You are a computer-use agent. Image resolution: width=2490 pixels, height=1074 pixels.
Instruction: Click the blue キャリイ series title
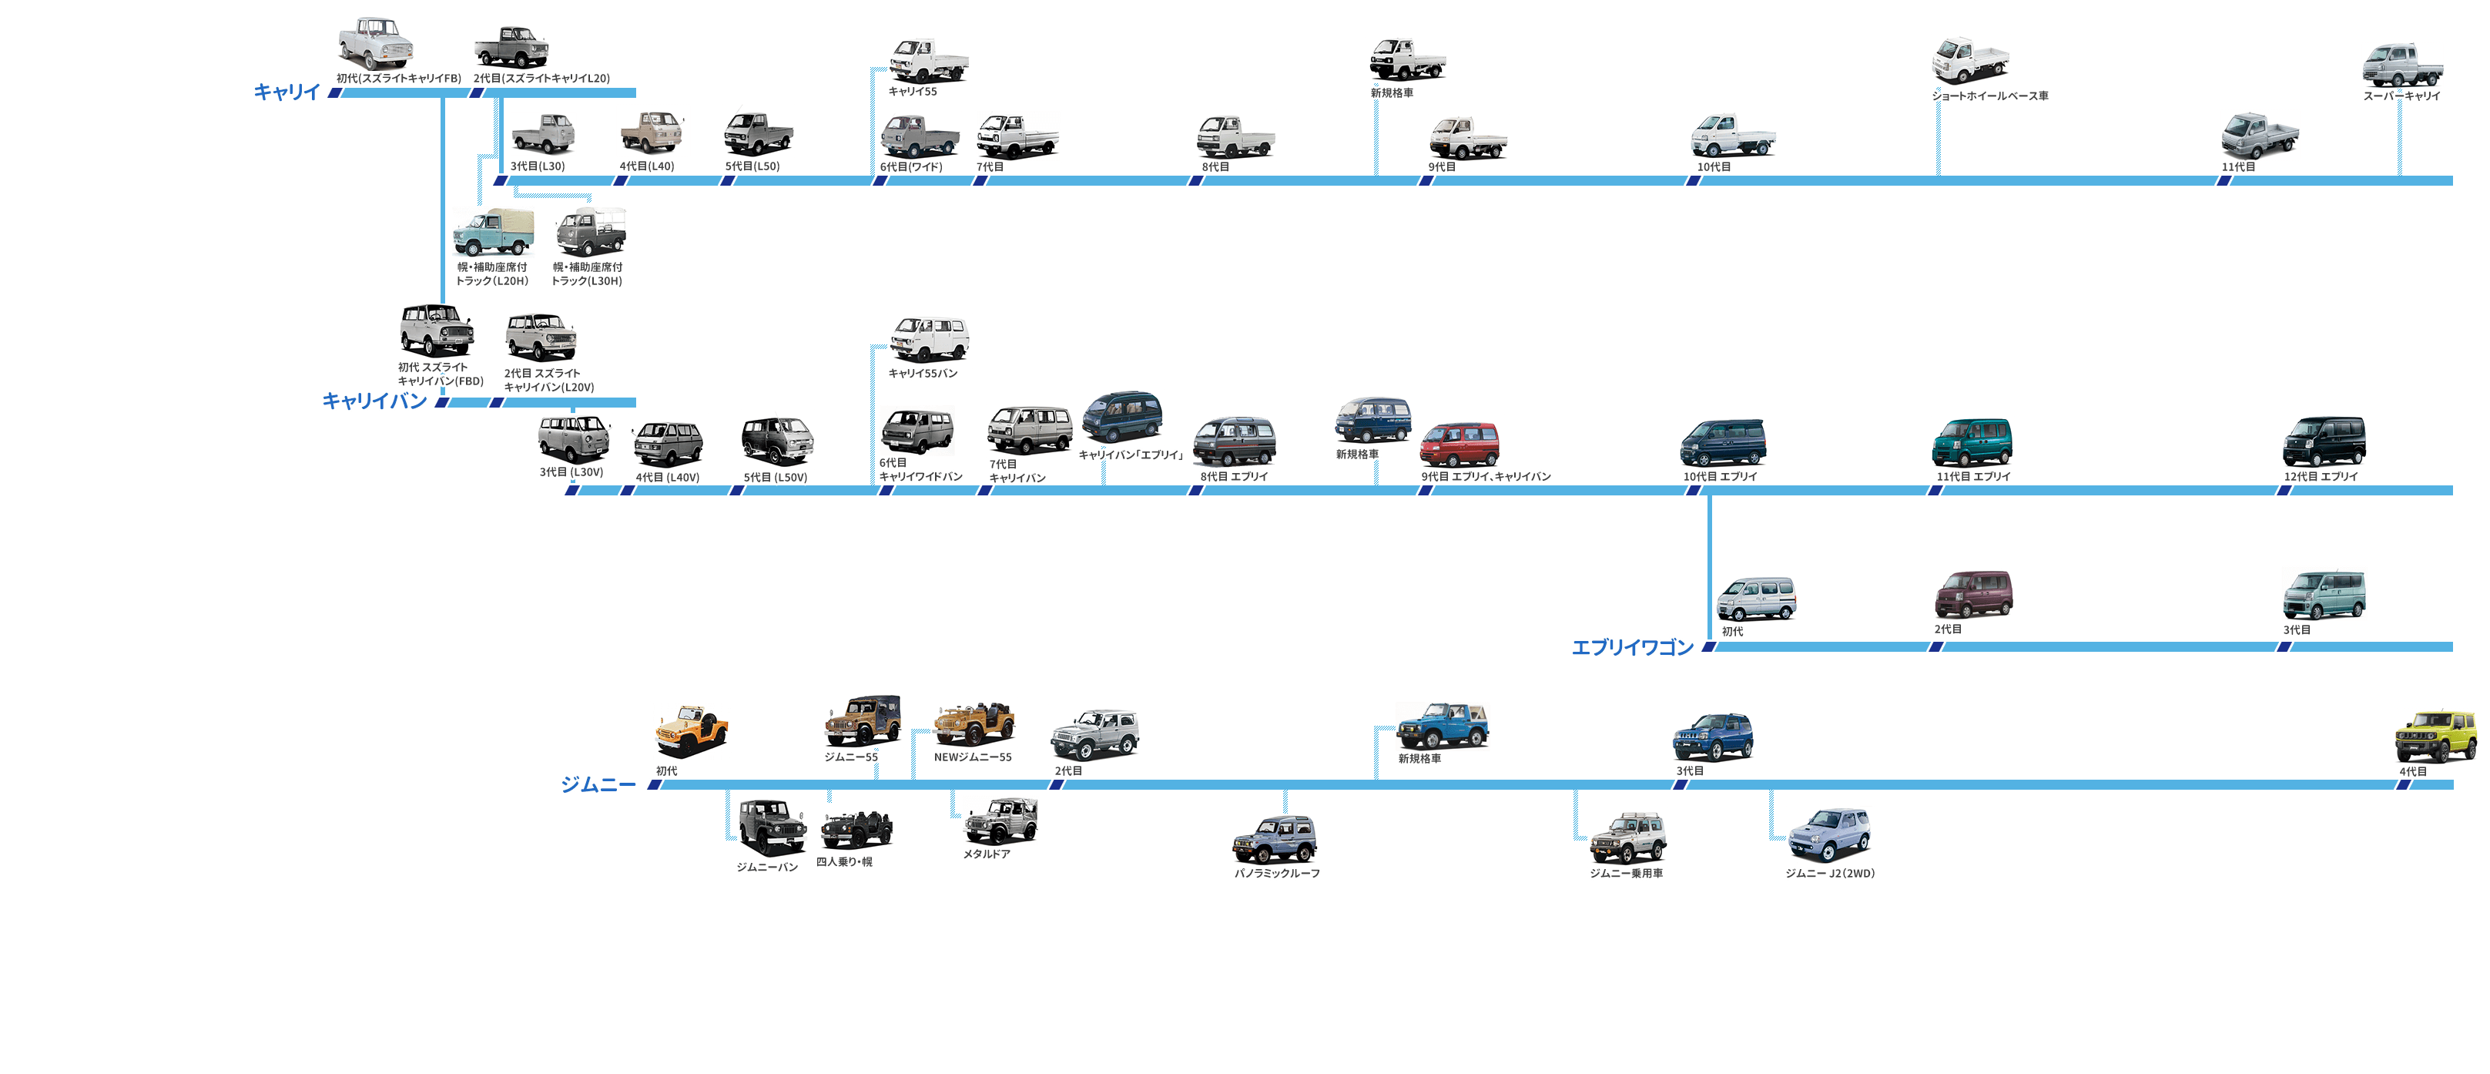(286, 92)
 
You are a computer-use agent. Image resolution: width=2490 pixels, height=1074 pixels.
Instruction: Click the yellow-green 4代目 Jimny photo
(2435, 736)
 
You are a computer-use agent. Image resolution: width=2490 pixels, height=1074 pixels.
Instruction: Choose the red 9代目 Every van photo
(1460, 444)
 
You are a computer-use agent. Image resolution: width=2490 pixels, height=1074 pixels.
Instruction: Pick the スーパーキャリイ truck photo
(2401, 65)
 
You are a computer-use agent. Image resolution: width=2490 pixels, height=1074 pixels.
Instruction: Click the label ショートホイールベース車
(1989, 96)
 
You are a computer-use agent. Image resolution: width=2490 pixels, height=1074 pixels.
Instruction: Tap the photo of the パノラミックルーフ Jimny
(1274, 839)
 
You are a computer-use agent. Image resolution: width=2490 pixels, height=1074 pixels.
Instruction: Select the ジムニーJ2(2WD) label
(1829, 873)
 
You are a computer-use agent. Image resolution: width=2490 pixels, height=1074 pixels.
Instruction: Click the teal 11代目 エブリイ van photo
(1972, 443)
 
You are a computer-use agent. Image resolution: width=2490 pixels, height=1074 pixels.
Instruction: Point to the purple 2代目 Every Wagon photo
(1973, 593)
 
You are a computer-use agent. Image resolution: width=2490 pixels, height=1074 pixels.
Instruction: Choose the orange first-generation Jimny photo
(690, 731)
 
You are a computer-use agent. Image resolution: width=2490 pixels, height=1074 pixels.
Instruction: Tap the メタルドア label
(986, 854)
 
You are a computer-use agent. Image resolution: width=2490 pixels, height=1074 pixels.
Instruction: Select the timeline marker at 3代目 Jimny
(1680, 785)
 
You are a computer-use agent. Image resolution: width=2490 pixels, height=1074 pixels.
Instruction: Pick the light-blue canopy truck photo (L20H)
(493, 232)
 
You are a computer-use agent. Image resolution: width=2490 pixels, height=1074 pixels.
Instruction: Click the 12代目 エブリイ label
(2321, 477)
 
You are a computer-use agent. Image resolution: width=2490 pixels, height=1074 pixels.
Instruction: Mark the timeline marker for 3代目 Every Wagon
(2283, 646)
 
